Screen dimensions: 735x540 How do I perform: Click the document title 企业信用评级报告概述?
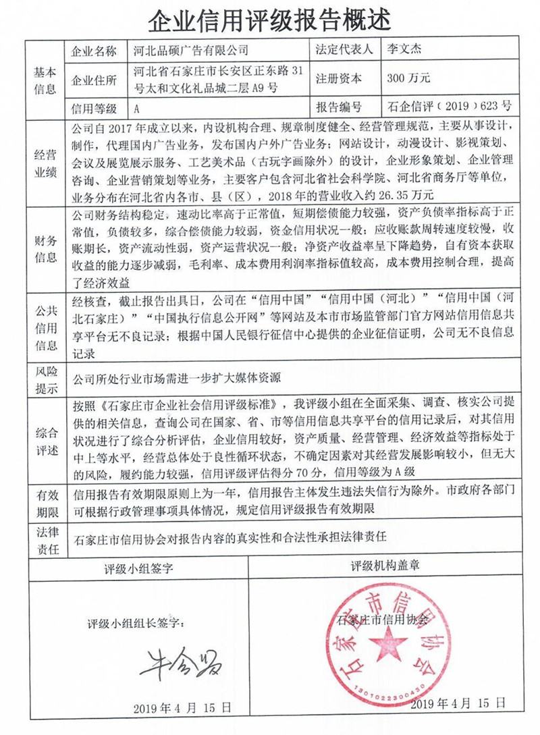coord(269,21)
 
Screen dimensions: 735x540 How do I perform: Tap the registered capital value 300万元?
coord(409,78)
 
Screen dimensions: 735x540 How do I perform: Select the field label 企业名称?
coord(94,51)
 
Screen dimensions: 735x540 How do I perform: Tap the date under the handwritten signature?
coord(182,707)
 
